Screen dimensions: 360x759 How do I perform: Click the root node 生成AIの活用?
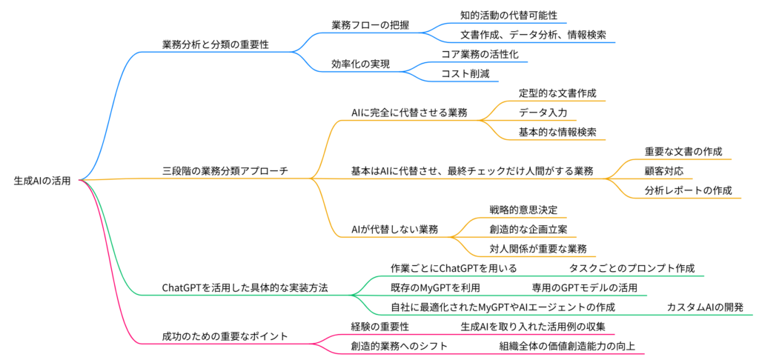[x=42, y=180]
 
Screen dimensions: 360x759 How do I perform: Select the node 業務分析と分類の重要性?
[x=215, y=44]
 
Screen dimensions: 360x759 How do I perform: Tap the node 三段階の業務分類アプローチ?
[x=225, y=170]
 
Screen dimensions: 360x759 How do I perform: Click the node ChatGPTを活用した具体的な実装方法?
[x=245, y=287]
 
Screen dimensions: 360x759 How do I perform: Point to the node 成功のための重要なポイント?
[x=225, y=336]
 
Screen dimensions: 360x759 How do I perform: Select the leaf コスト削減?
[x=465, y=73]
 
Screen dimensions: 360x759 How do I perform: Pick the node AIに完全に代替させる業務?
[x=409, y=113]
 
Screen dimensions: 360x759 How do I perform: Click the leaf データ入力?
[x=543, y=113]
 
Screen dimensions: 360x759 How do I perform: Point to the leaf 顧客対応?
[x=664, y=170]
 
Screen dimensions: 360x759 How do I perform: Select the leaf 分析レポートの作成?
[x=689, y=190]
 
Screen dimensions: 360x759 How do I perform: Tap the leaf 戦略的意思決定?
[x=523, y=210]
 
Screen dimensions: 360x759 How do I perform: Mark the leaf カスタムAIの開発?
[x=705, y=306]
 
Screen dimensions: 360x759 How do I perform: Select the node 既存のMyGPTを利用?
[x=435, y=287]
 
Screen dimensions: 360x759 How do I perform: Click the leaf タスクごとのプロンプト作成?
[x=632, y=267]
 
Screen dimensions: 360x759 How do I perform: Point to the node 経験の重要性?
[x=379, y=326]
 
